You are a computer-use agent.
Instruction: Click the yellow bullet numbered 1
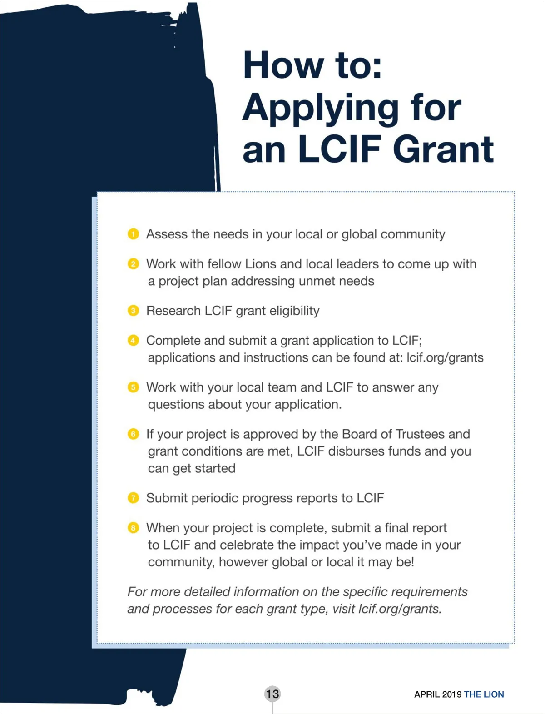pos(133,234)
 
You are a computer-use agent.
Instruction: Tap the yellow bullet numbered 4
pos(133,341)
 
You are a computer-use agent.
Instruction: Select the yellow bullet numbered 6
pos(133,434)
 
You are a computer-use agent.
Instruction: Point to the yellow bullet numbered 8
pos(133,528)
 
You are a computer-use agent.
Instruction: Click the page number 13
pos(272,694)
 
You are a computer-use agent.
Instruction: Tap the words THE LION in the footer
pos(484,694)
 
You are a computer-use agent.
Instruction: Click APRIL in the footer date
pos(427,694)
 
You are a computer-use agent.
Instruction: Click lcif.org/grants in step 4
pos(445,358)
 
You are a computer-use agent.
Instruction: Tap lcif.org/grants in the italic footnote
pos(400,609)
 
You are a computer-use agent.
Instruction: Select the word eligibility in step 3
pos(294,311)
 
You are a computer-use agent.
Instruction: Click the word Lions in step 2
pos(261,264)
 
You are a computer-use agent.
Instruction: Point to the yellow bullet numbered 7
pos(133,498)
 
